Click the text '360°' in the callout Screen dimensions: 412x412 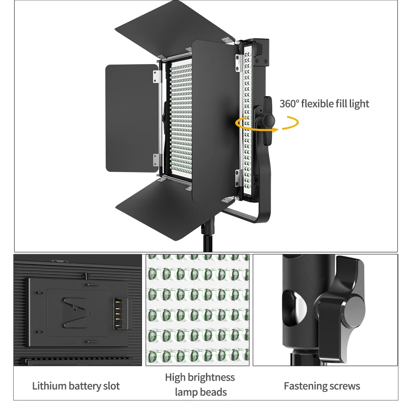(289, 103)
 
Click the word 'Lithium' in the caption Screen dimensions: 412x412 (49, 386)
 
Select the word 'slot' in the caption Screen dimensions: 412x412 (111, 386)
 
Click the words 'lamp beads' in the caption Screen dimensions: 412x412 (201, 392)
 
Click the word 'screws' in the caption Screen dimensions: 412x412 (345, 386)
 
